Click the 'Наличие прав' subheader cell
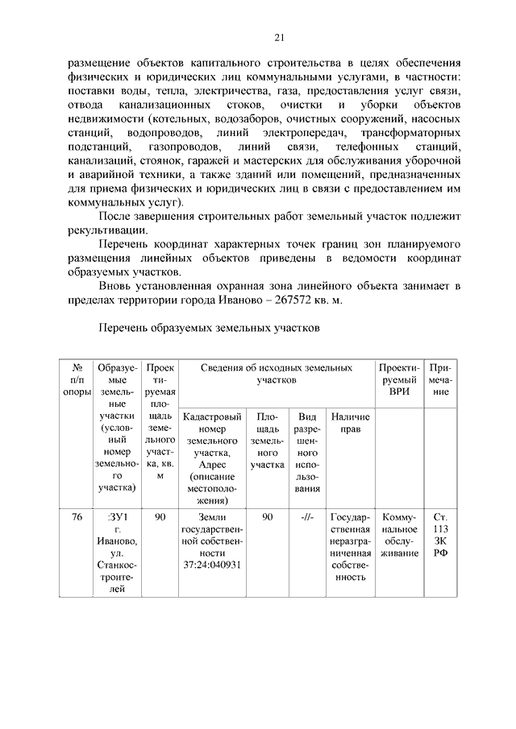(x=350, y=423)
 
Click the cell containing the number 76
(x=77, y=517)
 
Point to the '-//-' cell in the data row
(x=307, y=517)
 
